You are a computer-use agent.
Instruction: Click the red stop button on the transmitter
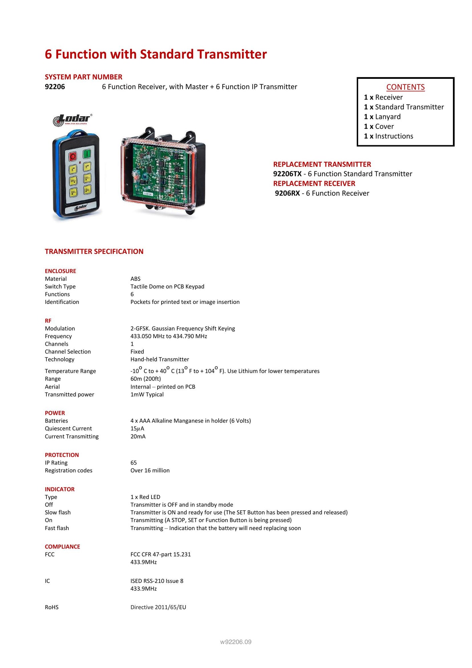(72, 156)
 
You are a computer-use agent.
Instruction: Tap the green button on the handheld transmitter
(87, 154)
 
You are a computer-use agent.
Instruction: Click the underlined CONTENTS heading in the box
(405, 87)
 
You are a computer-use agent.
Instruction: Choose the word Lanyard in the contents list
(388, 117)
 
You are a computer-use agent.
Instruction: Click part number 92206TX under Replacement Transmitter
(287, 174)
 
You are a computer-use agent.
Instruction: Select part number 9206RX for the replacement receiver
(287, 193)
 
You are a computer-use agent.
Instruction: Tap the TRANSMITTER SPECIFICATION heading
(94, 252)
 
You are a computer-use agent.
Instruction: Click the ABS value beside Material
(136, 279)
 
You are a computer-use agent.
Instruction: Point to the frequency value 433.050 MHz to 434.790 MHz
(169, 336)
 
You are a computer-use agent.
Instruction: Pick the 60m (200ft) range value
(146, 379)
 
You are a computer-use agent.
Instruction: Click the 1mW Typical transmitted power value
(147, 394)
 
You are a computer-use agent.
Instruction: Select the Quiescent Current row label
(68, 429)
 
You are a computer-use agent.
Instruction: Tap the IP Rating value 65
(134, 463)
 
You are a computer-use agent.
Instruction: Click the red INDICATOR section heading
(60, 489)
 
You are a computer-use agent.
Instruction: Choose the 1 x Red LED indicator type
(145, 497)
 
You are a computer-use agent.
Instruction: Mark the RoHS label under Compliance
(52, 607)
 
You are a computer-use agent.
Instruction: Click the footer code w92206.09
(236, 642)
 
